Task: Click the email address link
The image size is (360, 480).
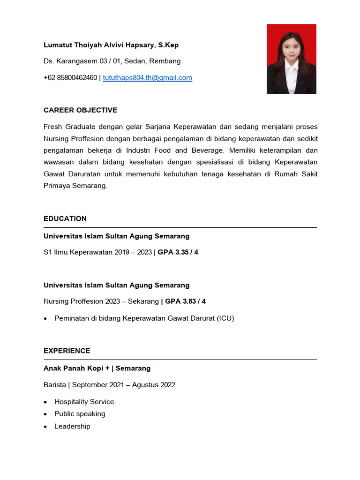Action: tap(147, 78)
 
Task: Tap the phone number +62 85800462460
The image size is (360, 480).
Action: tap(70, 78)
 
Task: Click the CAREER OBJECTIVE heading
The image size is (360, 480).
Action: tap(80, 110)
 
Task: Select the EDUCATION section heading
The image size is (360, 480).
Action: tap(65, 218)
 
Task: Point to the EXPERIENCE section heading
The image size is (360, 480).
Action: tap(67, 351)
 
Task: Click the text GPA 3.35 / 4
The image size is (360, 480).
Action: tap(178, 252)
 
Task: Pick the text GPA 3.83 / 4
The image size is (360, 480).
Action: tap(185, 301)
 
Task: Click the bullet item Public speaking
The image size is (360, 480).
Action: tap(80, 414)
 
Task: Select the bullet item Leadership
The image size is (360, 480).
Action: tap(72, 426)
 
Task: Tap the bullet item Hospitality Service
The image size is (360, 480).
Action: tap(84, 402)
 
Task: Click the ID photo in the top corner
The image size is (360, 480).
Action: tap(291, 59)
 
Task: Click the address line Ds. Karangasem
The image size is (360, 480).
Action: tap(112, 61)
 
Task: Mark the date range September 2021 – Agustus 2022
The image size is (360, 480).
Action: tap(124, 385)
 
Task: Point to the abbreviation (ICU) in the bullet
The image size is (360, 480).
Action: tap(225, 318)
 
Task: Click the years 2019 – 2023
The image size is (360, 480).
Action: tap(133, 252)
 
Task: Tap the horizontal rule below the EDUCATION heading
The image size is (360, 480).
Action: tap(180, 227)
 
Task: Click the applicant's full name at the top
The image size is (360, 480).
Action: tap(111, 45)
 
